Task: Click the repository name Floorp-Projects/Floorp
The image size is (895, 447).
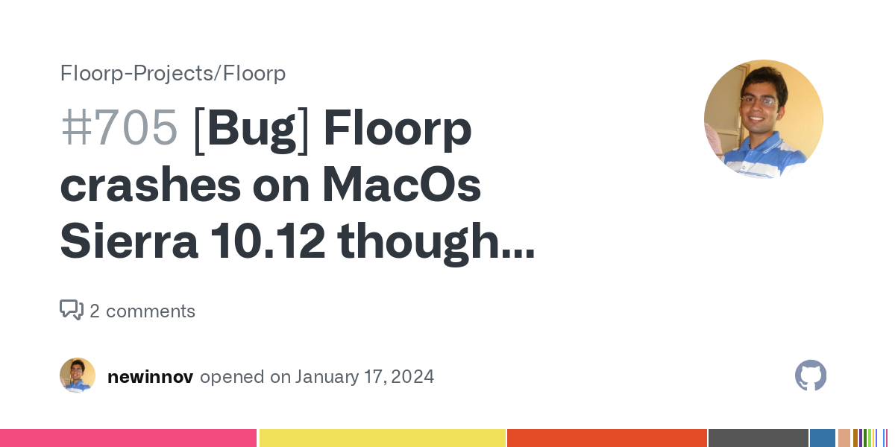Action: point(173,73)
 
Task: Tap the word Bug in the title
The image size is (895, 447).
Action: point(251,128)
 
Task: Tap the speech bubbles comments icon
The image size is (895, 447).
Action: point(72,310)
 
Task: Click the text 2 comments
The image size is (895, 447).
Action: point(142,311)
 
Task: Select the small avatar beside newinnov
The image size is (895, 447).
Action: point(78,375)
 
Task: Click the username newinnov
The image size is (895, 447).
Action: point(150,377)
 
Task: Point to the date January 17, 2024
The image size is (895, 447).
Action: point(364,377)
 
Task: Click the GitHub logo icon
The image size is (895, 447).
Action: point(811,375)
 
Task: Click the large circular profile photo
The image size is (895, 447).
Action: point(763,119)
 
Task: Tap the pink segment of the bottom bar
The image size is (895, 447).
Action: point(128,438)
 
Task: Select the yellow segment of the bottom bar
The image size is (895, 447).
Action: point(382,438)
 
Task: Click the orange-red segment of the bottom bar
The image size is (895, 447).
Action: point(607,438)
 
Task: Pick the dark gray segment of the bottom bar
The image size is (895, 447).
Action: point(758,438)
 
